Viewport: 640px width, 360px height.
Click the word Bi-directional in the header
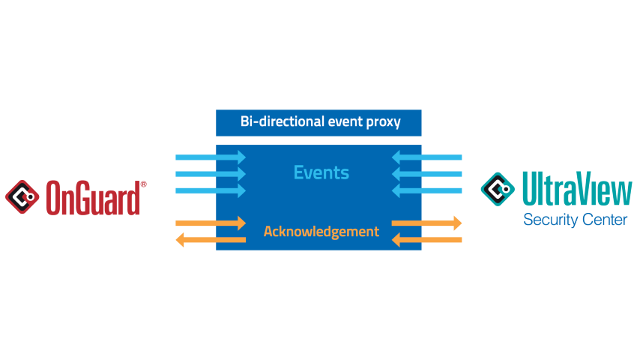tap(282, 121)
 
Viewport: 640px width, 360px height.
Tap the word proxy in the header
tap(383, 122)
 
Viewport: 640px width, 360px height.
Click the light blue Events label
tap(321, 172)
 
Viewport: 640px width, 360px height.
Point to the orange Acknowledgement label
tap(321, 232)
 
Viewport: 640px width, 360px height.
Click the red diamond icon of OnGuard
tap(22, 197)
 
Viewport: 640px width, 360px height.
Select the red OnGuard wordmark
tap(93, 198)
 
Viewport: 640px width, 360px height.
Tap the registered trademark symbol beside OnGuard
tap(143, 184)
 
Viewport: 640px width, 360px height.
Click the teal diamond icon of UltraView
tap(498, 189)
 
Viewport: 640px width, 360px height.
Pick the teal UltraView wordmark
tap(577, 188)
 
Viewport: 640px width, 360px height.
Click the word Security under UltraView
tap(551, 220)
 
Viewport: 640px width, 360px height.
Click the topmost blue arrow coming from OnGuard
tap(211, 157)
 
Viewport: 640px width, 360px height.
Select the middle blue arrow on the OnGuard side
tap(211, 174)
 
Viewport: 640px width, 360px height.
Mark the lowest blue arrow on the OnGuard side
tap(211, 190)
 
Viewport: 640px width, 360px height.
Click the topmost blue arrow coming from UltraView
tap(426, 157)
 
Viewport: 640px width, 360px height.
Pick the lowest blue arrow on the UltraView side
tap(426, 190)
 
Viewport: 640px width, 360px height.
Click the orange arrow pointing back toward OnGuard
tap(211, 240)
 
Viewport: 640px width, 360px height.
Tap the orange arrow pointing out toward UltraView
tap(426, 223)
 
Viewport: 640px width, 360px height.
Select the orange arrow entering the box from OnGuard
tap(211, 223)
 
